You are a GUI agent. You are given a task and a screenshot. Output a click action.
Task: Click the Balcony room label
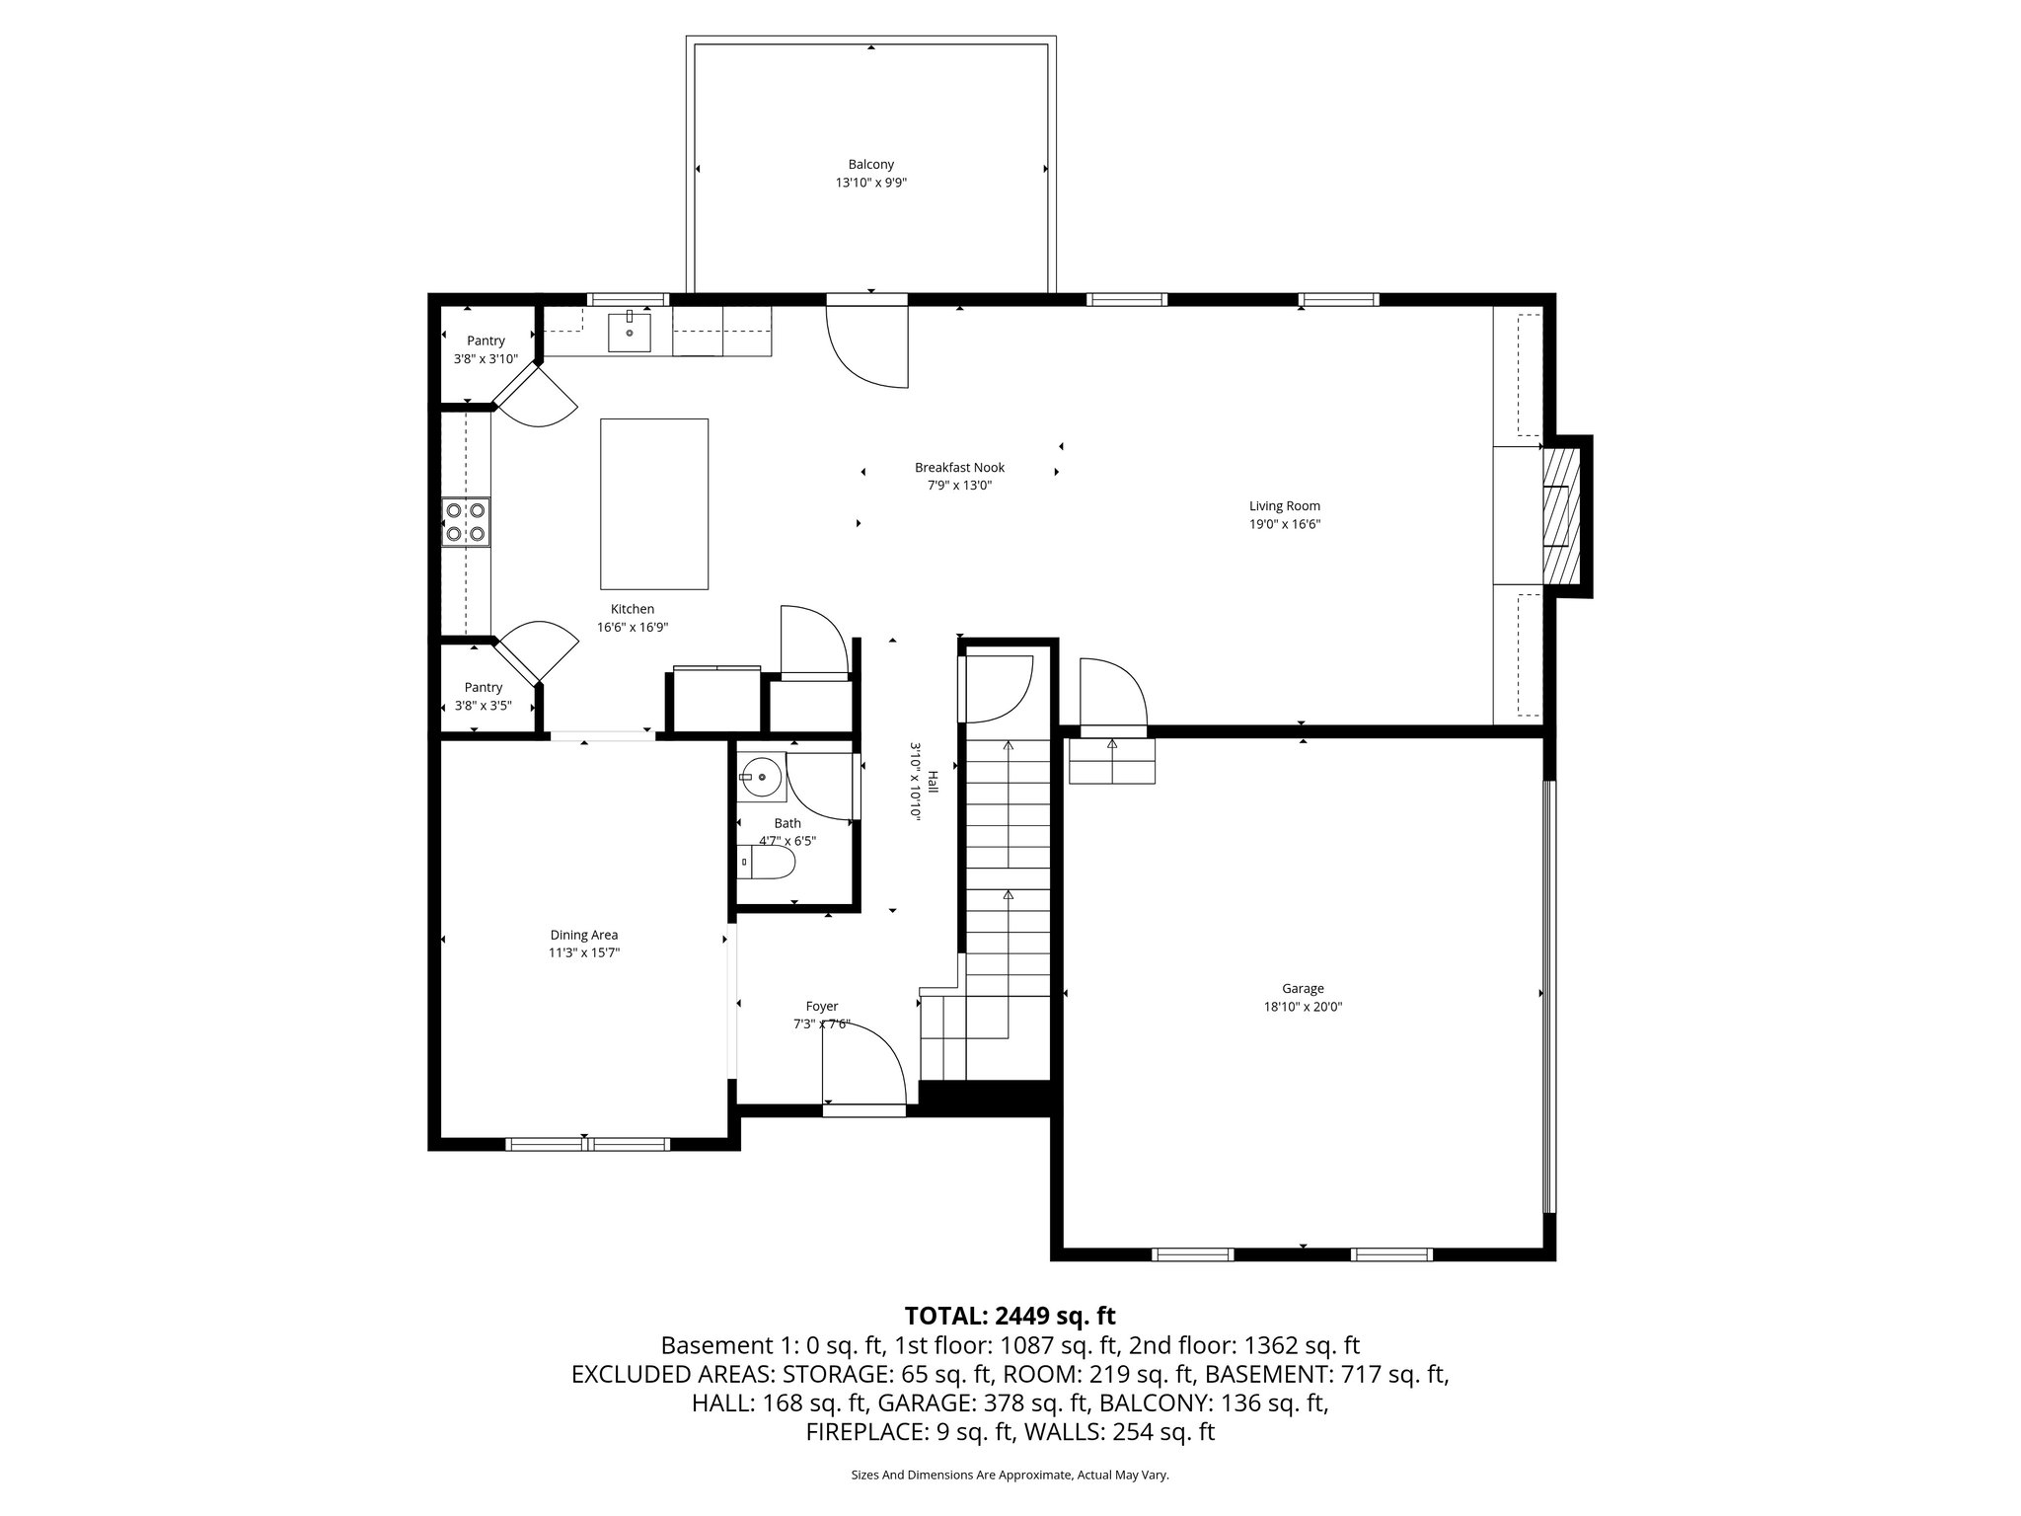(x=870, y=165)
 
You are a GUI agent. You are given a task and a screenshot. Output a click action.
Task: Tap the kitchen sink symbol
(x=630, y=332)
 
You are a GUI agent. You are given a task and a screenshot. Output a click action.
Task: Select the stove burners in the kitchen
(x=466, y=522)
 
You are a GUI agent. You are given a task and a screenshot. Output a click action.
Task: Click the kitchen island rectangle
(x=654, y=503)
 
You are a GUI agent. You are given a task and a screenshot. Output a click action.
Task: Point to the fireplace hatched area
(x=1560, y=515)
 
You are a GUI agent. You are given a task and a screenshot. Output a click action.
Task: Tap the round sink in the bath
(x=761, y=778)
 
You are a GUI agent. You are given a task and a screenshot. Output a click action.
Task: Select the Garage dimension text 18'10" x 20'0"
(x=1303, y=1007)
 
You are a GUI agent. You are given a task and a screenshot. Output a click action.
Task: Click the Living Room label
(x=1284, y=506)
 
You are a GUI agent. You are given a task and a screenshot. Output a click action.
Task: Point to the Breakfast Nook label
(x=959, y=468)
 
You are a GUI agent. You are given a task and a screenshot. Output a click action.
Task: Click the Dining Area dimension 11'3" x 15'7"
(x=584, y=953)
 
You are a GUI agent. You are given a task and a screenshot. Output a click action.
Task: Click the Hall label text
(x=933, y=782)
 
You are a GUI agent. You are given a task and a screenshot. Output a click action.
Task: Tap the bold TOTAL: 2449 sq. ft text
(x=1010, y=1316)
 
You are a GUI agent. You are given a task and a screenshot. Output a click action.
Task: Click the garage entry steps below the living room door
(x=1112, y=761)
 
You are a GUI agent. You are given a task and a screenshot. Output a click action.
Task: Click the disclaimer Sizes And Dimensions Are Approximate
(x=1010, y=1476)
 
